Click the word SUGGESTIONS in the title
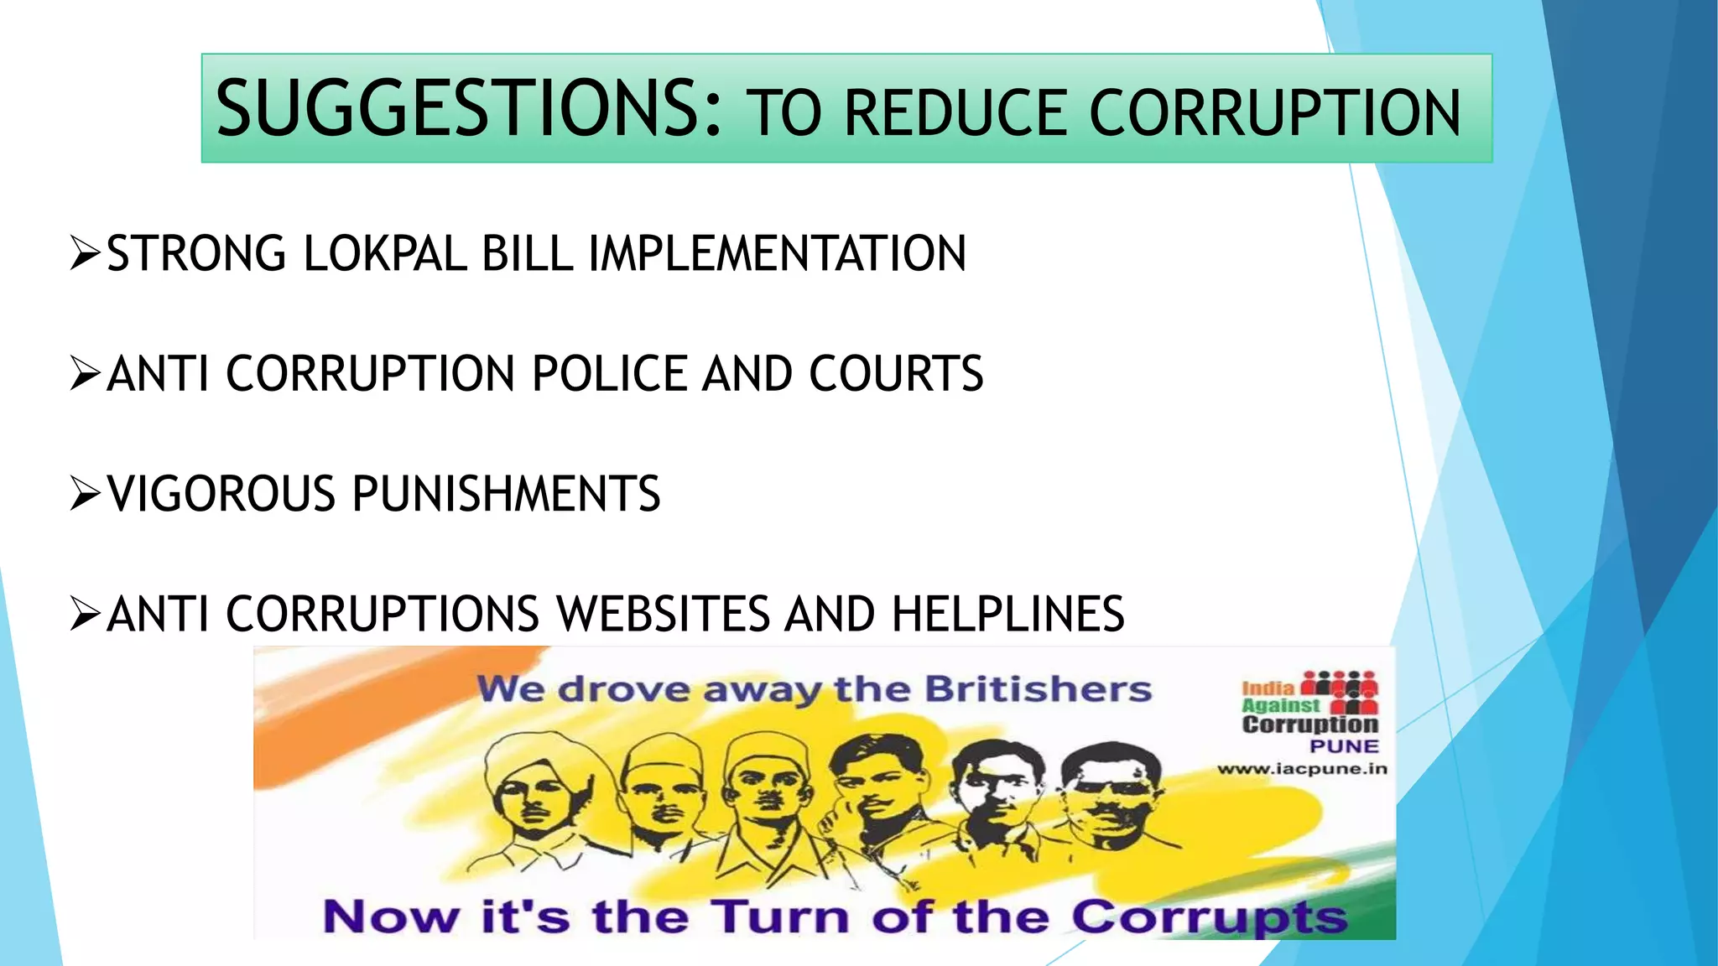pos(467,108)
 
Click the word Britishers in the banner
pos(1038,689)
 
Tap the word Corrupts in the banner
pos(1209,917)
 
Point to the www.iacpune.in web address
pos(1302,769)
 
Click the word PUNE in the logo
pos(1344,746)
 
